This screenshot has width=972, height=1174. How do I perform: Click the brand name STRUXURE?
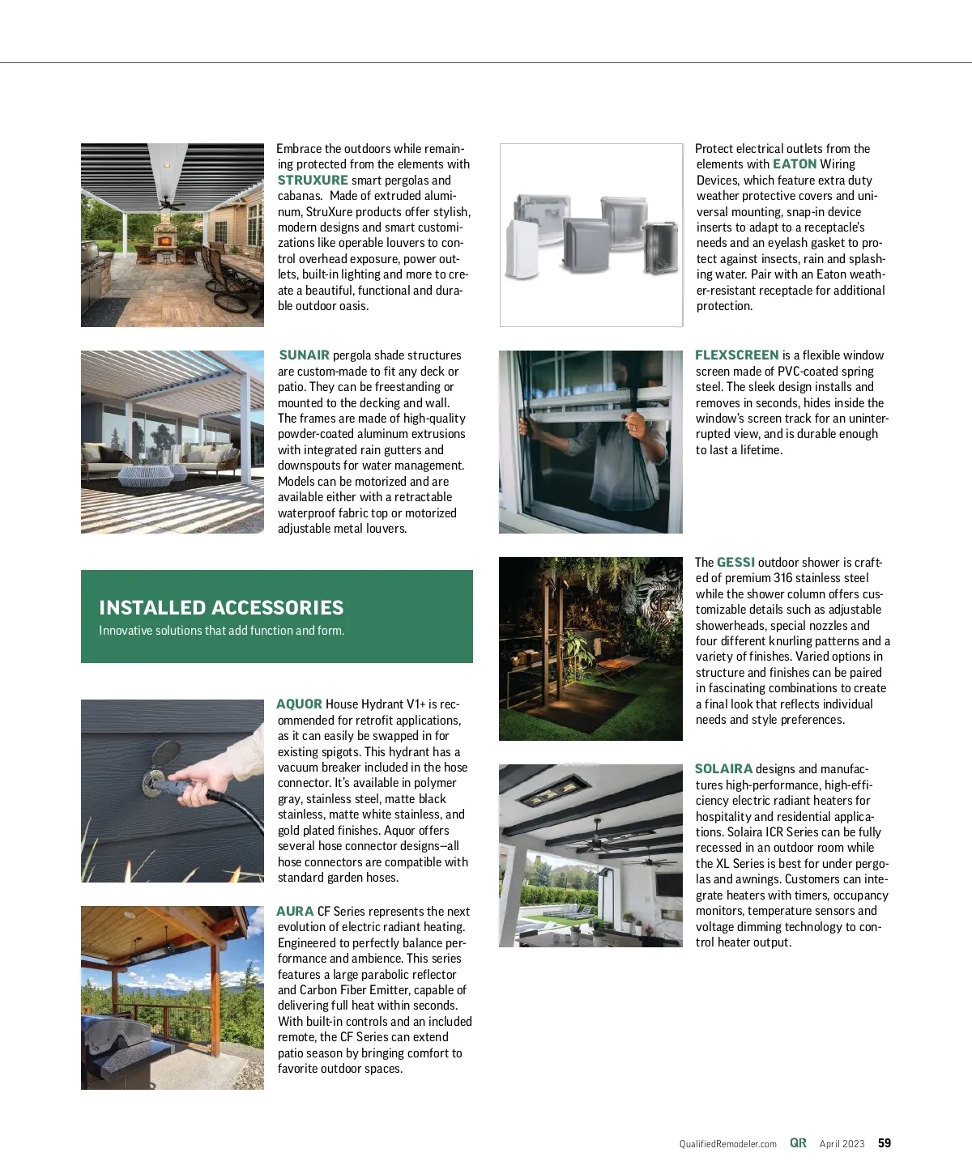click(313, 180)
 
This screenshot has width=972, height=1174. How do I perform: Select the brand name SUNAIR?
click(304, 355)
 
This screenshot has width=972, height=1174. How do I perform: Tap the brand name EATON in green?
click(795, 164)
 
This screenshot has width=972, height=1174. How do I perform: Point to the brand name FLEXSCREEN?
click(736, 355)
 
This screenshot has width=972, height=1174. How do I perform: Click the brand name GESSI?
click(735, 562)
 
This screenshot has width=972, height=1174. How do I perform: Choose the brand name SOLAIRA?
click(723, 768)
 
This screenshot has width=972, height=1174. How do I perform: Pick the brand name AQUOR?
click(299, 704)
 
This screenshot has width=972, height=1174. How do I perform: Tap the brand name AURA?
click(295, 911)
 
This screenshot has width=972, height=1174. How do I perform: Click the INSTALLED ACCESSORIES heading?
click(221, 607)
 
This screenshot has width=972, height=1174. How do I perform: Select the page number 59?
click(885, 1143)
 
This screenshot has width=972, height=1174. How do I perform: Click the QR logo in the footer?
click(798, 1143)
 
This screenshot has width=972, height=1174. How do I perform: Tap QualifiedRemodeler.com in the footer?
click(727, 1144)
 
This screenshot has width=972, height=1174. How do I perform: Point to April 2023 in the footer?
click(842, 1144)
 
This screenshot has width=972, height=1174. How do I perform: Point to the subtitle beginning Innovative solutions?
click(221, 631)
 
